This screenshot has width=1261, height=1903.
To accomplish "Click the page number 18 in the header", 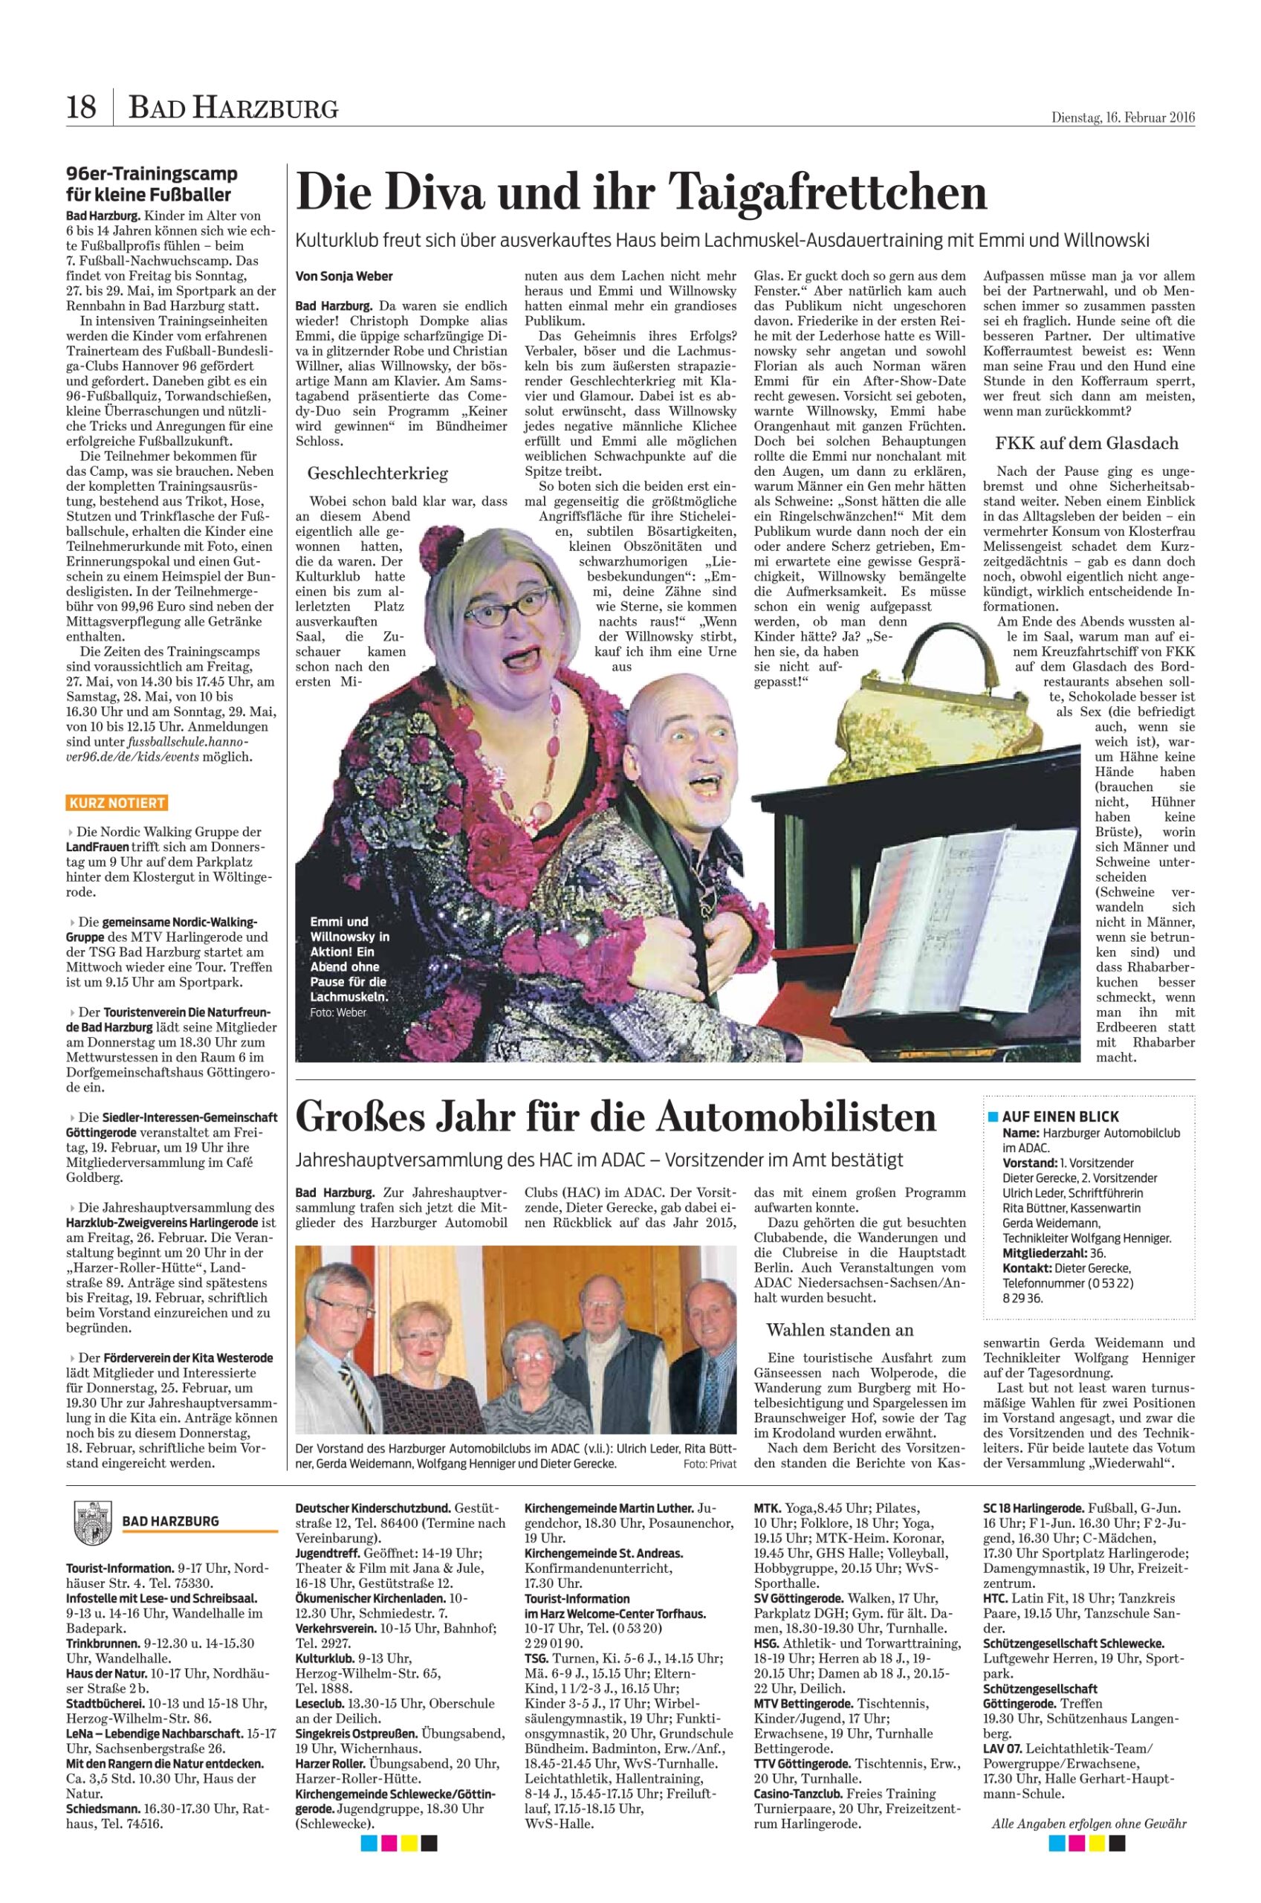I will [x=80, y=107].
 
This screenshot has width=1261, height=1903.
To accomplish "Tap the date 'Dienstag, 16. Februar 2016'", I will [x=1123, y=117].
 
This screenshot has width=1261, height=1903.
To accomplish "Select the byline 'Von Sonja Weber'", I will [x=344, y=276].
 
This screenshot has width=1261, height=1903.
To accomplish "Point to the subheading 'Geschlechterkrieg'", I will [x=377, y=473].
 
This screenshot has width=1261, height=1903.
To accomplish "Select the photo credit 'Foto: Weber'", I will [x=338, y=1012].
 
